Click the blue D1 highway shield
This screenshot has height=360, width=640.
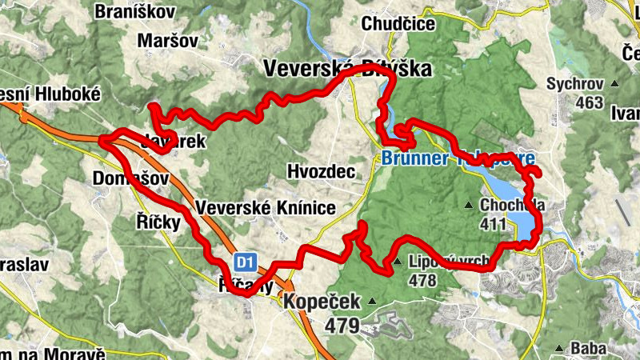point(245,262)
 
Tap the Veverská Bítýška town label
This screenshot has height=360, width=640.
point(347,69)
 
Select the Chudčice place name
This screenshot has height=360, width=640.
point(398,24)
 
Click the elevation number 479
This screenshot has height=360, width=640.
point(342,326)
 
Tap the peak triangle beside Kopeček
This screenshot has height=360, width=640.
point(371,302)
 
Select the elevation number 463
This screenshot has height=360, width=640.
point(588,102)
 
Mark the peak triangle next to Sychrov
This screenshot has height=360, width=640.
point(614,83)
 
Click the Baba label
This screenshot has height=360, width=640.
point(588,348)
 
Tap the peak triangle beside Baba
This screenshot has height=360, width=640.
point(559,348)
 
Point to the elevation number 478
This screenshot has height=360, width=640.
point(422,281)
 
